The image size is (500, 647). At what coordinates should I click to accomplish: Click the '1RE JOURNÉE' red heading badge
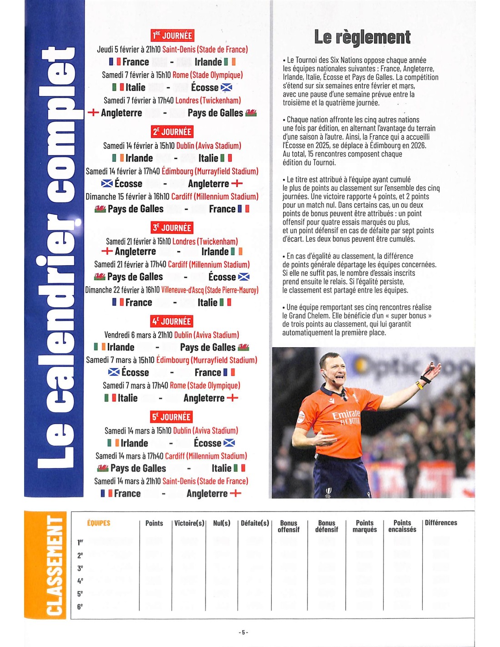(x=172, y=35)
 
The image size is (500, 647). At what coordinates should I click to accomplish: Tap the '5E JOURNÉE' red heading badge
(x=171, y=417)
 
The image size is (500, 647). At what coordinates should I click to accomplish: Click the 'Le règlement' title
(x=362, y=37)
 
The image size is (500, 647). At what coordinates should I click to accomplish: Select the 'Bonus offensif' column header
(x=289, y=526)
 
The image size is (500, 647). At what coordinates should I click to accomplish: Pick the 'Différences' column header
(x=441, y=523)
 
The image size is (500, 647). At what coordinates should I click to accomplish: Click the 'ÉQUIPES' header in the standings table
(x=99, y=523)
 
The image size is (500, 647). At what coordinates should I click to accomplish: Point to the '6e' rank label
(x=80, y=607)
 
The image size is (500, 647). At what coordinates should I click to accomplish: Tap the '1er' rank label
(x=80, y=542)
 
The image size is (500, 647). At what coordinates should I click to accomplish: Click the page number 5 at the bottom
(x=243, y=632)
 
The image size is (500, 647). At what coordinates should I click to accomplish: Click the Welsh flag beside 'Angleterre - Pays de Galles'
(x=251, y=113)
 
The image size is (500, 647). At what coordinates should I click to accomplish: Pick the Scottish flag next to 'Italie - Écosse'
(x=226, y=87)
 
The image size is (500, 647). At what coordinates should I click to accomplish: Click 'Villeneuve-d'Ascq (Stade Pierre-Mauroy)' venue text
(x=210, y=290)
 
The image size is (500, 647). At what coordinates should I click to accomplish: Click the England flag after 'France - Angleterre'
(x=235, y=493)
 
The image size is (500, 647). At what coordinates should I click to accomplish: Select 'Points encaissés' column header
(x=402, y=526)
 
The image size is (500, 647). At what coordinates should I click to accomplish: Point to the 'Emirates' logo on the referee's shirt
(x=346, y=415)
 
